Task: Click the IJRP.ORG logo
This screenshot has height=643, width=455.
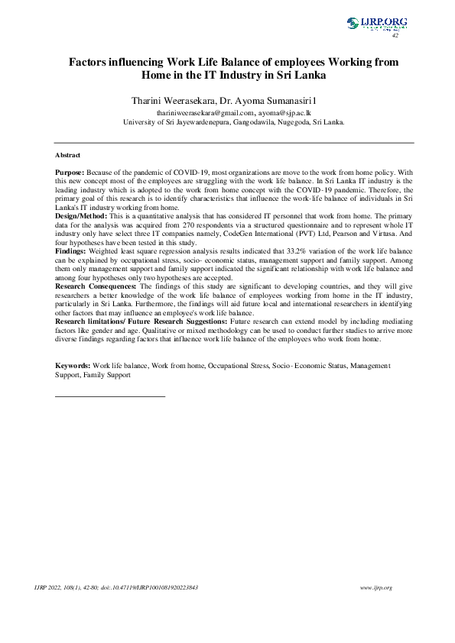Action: coord(377,24)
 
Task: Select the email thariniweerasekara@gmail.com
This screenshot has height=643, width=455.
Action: coord(201,111)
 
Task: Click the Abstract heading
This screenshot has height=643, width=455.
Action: coord(68,155)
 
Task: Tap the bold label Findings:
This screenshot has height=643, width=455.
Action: coord(73,250)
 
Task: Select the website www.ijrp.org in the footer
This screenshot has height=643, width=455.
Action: coord(375,587)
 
